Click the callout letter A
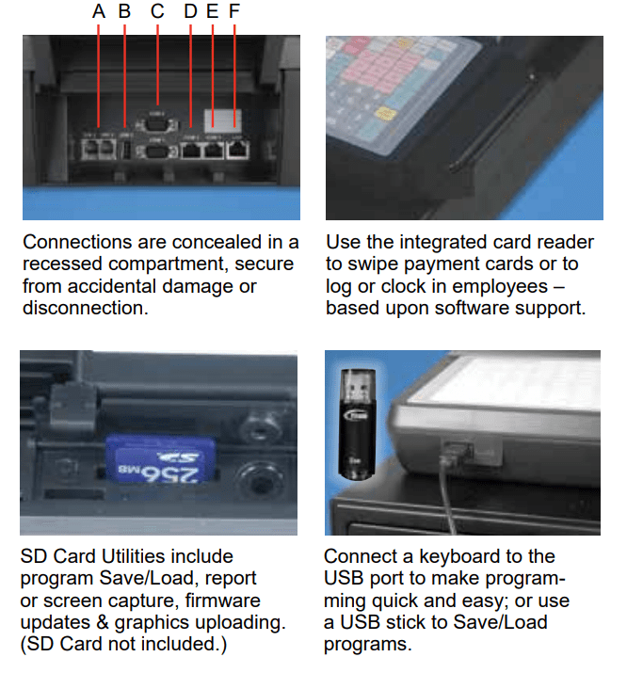coord(99,12)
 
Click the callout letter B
coord(124,12)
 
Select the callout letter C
coord(156,12)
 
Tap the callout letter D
coord(191,12)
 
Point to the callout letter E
coord(212,12)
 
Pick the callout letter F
coord(234,12)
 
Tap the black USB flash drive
coord(354,423)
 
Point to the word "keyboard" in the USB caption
coord(460,556)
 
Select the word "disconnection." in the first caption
coord(85,308)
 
